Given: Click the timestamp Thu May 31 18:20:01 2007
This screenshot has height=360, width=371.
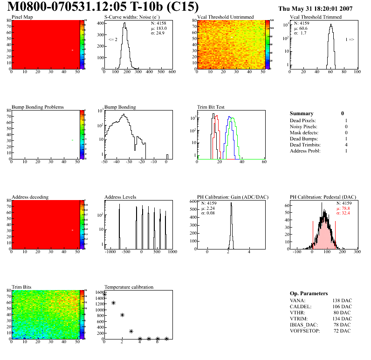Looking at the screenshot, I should pos(322,8).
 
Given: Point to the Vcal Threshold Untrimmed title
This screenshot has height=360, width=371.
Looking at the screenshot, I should pos(225,17).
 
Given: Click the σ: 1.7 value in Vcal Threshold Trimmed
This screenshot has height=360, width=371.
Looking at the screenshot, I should pos(300,33).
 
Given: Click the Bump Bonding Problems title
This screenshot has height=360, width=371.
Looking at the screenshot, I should pos(38,107).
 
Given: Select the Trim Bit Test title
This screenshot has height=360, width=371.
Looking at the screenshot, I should pos(211,107).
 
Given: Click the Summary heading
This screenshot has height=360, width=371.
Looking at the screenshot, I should pos(302,113).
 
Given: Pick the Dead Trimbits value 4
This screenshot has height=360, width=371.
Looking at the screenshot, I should pos(346,145).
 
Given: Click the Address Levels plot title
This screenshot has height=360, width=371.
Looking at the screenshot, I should pos(120,197).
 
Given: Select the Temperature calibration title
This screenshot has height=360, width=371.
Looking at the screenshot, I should pos(129,287).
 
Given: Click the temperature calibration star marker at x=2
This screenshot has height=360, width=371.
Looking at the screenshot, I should pos(122,315).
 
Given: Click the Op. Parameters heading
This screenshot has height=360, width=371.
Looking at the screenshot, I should pos(309,293).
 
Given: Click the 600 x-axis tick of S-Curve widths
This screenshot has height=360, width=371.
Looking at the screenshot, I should pos(172,72).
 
